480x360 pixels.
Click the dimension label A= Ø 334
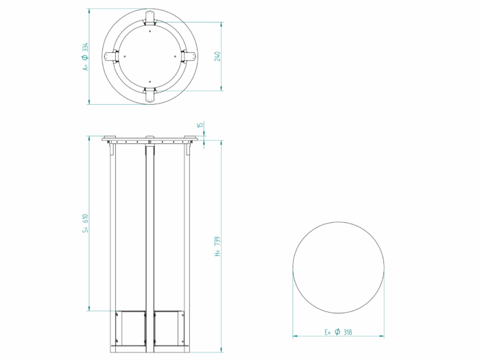[85, 57]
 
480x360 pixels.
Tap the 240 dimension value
[217, 56]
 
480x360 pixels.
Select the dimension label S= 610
[85, 223]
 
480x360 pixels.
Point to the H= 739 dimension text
[217, 246]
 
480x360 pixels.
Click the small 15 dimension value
[200, 125]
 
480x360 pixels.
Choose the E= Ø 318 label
[338, 332]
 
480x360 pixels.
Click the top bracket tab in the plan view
[149, 18]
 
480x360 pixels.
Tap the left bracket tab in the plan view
[111, 56]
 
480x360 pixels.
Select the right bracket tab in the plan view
[189, 56]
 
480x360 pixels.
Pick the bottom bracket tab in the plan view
[149, 95]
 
